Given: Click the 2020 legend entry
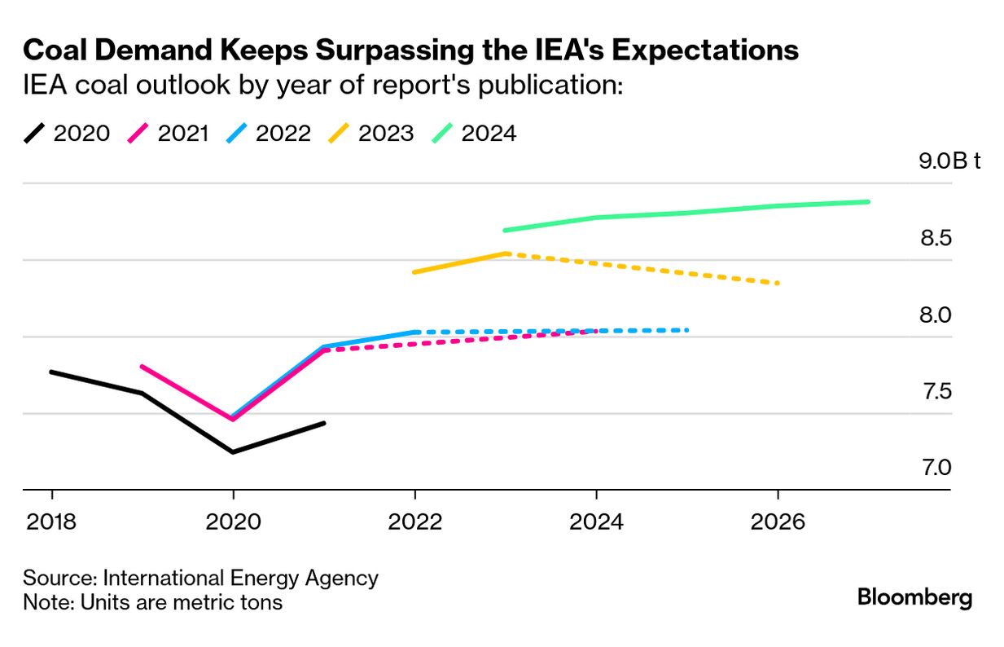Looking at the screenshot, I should click(x=67, y=133).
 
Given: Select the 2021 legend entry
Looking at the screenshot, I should click(x=169, y=133).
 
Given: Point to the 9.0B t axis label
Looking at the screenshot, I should click(x=949, y=161).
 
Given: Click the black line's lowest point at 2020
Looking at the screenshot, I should click(x=234, y=452).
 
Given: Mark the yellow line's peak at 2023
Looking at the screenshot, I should click(x=506, y=253).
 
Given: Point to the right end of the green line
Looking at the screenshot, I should click(x=868, y=201).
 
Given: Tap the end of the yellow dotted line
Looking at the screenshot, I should click(x=778, y=283).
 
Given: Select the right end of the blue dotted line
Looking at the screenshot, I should click(x=687, y=330).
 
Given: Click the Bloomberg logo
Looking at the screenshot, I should click(x=914, y=598).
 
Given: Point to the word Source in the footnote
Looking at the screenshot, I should click(x=58, y=578).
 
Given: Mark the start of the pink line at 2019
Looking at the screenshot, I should click(x=142, y=367).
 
